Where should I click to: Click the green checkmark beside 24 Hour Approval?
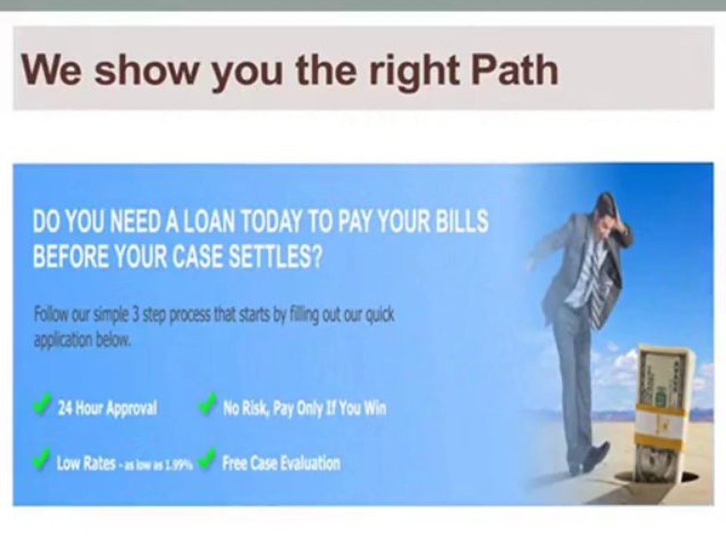click(x=42, y=406)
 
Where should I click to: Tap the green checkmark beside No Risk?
click(x=206, y=406)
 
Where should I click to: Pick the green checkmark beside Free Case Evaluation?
click(x=206, y=459)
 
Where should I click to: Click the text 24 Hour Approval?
click(x=107, y=409)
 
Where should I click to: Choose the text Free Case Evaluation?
click(x=281, y=463)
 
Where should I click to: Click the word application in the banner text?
click(x=64, y=340)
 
